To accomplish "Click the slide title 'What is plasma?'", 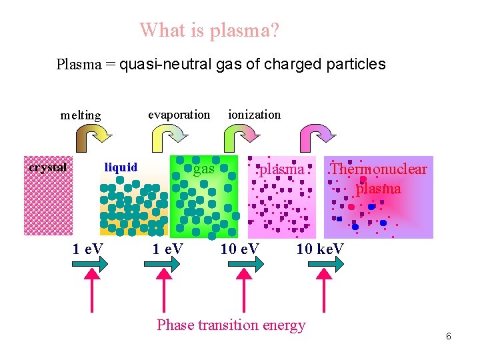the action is pyautogui.click(x=209, y=30).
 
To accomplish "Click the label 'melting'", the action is pyautogui.click(x=81, y=115).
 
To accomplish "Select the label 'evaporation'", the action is pyautogui.click(x=179, y=114).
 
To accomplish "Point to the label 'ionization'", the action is pyautogui.click(x=254, y=114).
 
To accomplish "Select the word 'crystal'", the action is pyautogui.click(x=47, y=167).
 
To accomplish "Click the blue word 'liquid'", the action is pyautogui.click(x=121, y=167).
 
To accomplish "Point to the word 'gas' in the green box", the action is pyautogui.click(x=204, y=169).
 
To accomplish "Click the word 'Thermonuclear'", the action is pyautogui.click(x=379, y=169).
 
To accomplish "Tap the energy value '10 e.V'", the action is pyautogui.click(x=240, y=249).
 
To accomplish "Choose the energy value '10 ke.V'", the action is pyautogui.click(x=321, y=249).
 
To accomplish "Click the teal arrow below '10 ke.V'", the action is pyautogui.click(x=326, y=265).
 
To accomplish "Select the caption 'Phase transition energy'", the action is pyautogui.click(x=231, y=325).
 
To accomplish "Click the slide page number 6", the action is pyautogui.click(x=449, y=336).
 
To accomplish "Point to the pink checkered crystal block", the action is pyautogui.click(x=48, y=200).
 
